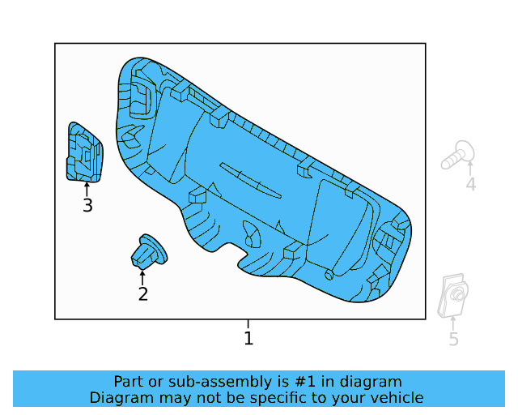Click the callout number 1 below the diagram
(248, 338)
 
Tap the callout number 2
(143, 293)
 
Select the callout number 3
(87, 206)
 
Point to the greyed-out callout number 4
(470, 185)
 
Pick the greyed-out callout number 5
(453, 340)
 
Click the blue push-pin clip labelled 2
(147, 251)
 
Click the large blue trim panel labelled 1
(267, 186)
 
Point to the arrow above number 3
(87, 189)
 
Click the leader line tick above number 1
(248, 324)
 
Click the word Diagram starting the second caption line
(120, 397)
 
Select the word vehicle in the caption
(394, 397)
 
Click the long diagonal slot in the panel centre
(251, 181)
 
